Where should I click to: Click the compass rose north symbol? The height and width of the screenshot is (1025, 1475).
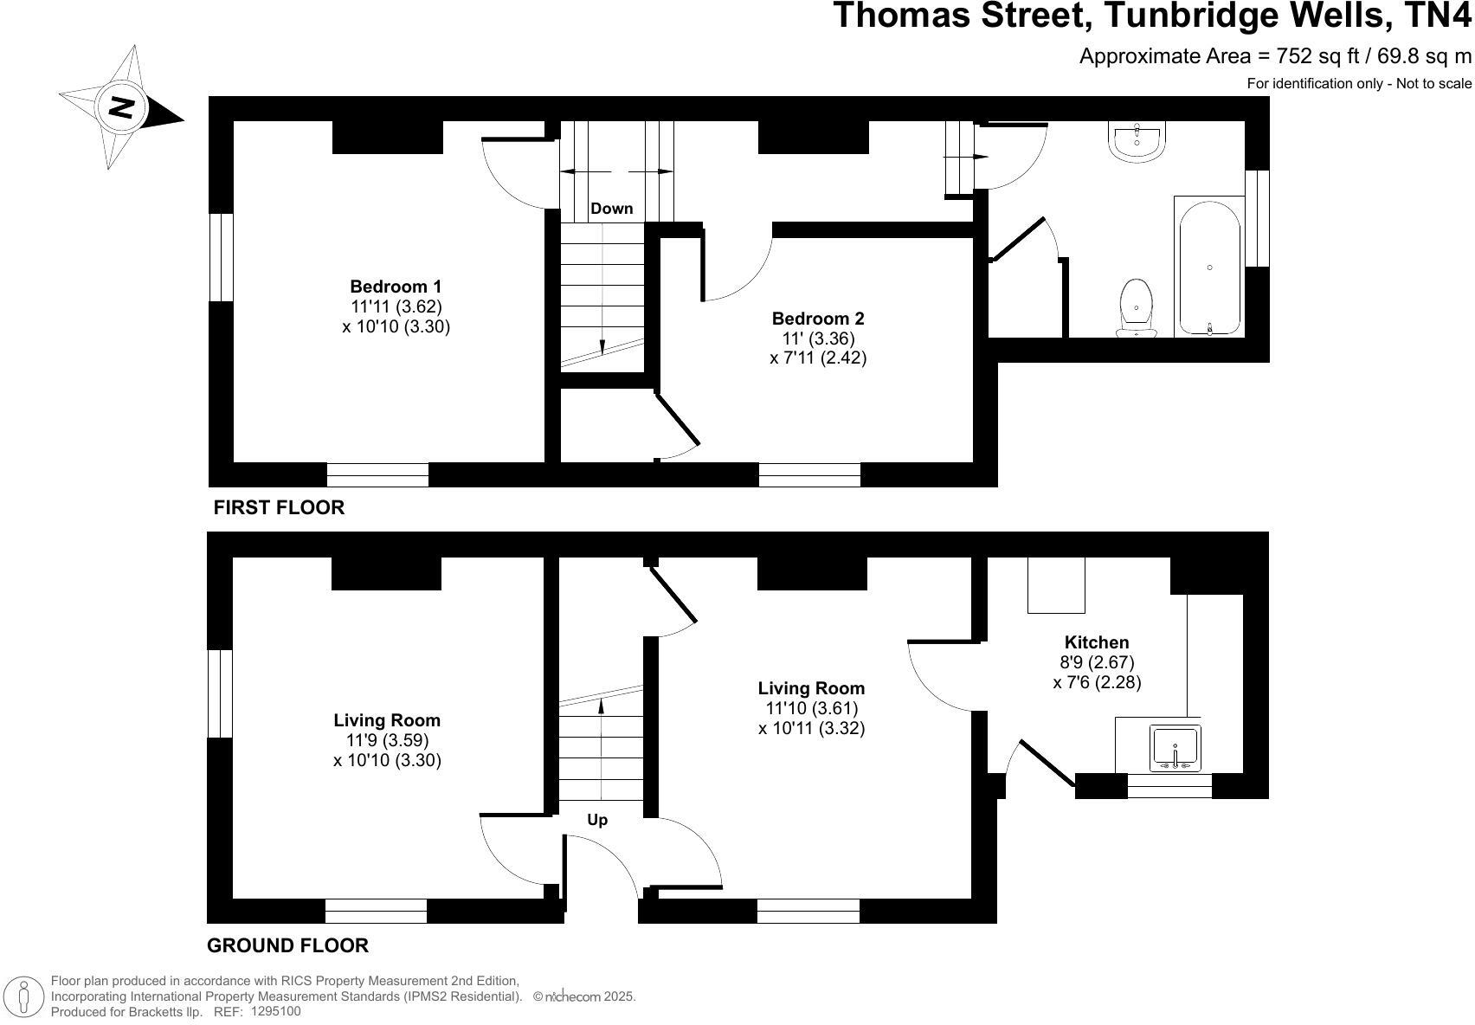(x=121, y=108)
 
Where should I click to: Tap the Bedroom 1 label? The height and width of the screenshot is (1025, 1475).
(x=396, y=287)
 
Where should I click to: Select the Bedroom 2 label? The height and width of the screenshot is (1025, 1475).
(x=818, y=319)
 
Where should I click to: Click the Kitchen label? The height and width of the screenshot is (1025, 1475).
(x=1097, y=642)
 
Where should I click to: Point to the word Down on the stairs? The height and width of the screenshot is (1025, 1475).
(x=611, y=209)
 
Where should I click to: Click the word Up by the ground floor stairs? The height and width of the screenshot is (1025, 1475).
(x=597, y=820)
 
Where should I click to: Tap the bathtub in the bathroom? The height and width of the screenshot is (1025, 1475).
(x=1209, y=267)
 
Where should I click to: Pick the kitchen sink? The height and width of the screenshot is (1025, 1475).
(x=1175, y=747)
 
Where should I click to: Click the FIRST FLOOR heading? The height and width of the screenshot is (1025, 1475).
(x=279, y=508)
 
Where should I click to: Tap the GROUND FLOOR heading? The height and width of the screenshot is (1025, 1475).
(x=287, y=945)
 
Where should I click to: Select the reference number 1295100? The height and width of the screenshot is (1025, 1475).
(x=276, y=1011)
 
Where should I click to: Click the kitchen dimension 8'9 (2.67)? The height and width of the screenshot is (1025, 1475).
(x=1097, y=662)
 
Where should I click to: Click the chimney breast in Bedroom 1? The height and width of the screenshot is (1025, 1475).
(x=388, y=138)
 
